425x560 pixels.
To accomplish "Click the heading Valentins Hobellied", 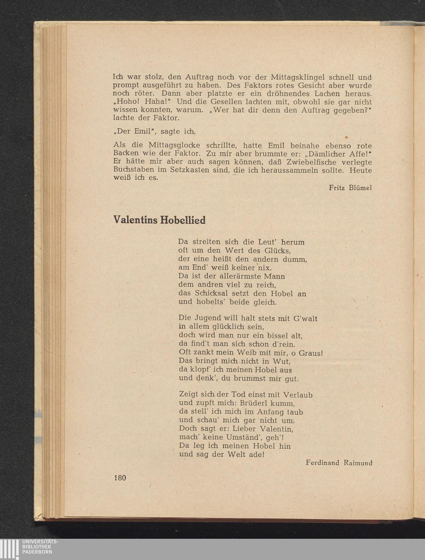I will pyautogui.click(x=159, y=220).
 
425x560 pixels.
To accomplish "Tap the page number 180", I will pyautogui.click(x=120, y=478).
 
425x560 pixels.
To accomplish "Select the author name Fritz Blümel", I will pyautogui.click(x=350, y=187).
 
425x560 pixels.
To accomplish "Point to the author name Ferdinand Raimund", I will pyautogui.click(x=339, y=463).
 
